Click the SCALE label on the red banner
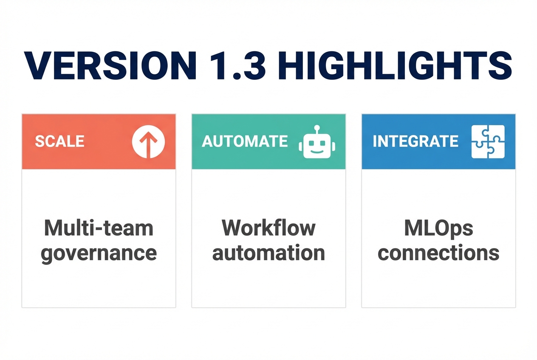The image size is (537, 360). [x=59, y=141]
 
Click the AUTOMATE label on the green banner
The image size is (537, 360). [x=245, y=141]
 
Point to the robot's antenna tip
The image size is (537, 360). [x=317, y=127]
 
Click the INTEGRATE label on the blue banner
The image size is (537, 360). [x=415, y=141]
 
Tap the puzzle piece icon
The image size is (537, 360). [x=488, y=142]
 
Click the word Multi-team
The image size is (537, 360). [x=98, y=228]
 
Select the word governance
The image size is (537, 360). [x=99, y=253]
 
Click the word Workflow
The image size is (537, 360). [x=268, y=228]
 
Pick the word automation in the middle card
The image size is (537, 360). [x=268, y=253]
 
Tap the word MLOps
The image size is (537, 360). [x=438, y=228]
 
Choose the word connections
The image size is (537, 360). [x=438, y=253]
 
